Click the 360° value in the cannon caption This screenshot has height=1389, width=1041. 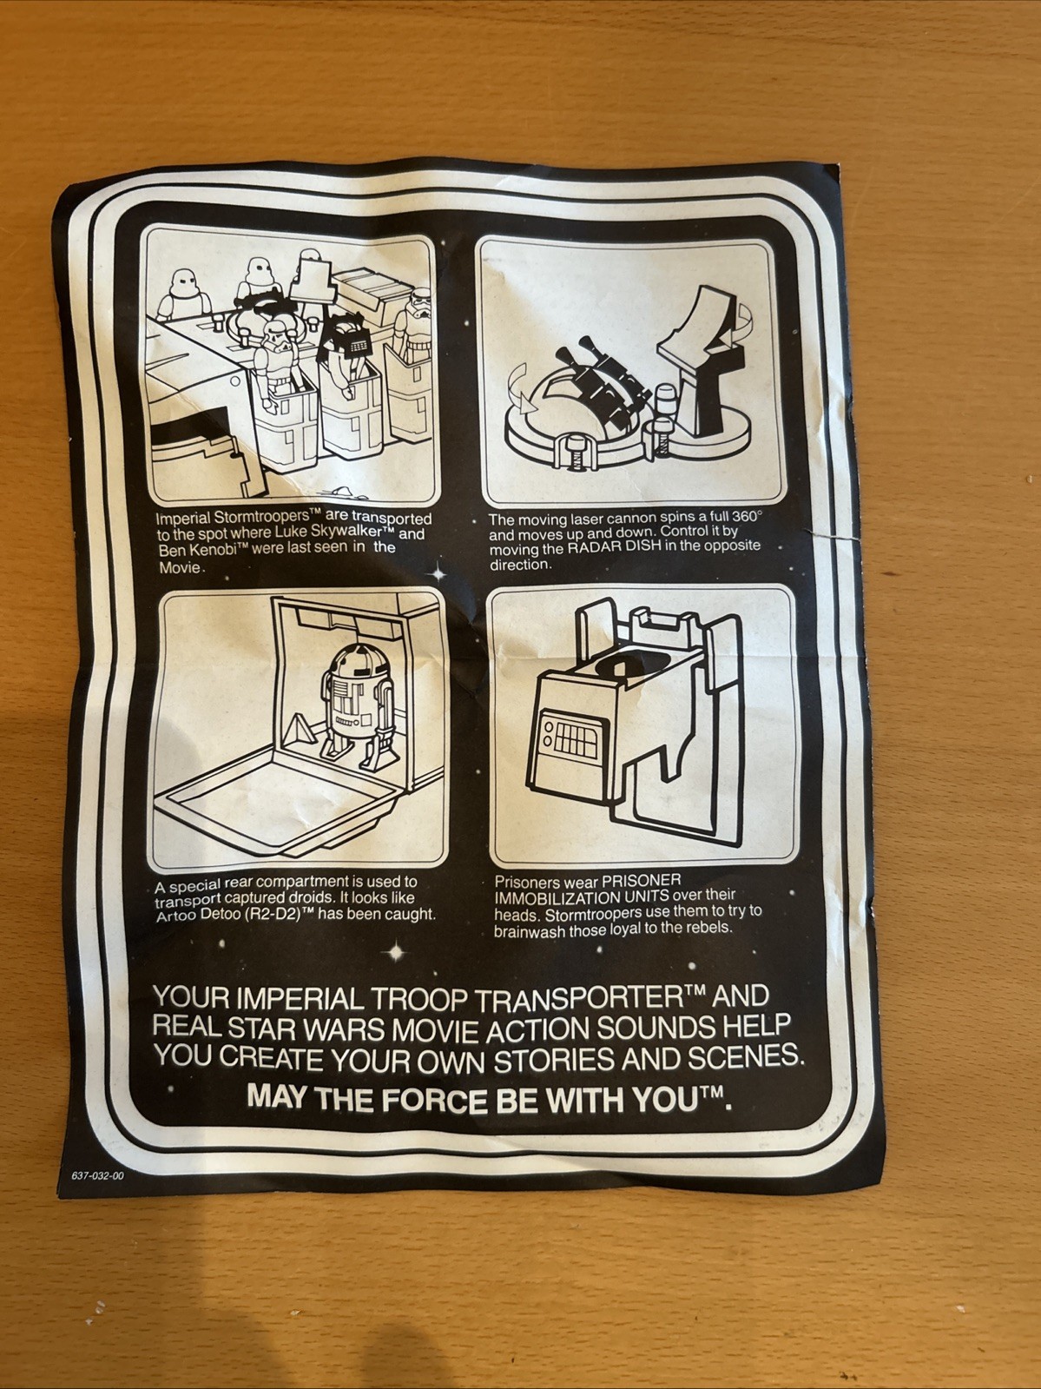(x=747, y=516)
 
